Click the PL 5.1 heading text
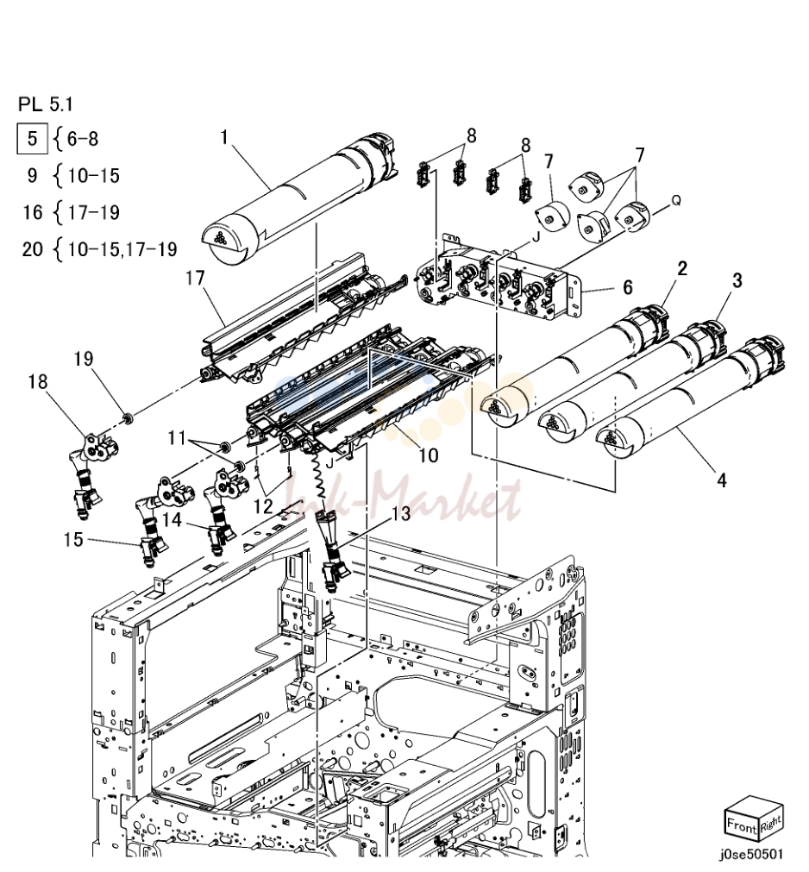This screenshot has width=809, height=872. (46, 104)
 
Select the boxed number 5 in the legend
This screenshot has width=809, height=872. (32, 138)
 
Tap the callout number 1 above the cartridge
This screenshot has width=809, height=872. (224, 136)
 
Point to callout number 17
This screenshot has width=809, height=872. (195, 278)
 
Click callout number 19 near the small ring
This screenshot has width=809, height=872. (84, 359)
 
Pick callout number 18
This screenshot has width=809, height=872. (38, 382)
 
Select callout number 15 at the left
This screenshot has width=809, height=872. (73, 539)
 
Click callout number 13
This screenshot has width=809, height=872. (401, 513)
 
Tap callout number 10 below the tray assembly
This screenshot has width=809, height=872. (428, 456)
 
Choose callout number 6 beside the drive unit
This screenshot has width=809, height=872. (628, 287)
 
